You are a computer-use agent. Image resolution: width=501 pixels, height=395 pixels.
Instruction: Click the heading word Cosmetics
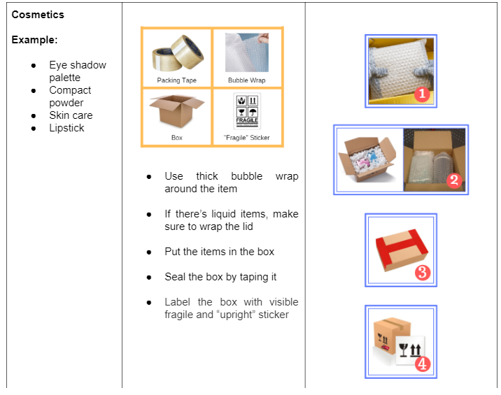click(37, 14)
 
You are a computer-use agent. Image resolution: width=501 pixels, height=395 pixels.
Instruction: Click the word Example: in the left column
click(34, 40)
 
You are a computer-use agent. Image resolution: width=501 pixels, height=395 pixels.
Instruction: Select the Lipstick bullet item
click(66, 128)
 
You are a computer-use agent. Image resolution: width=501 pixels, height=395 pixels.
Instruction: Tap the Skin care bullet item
click(71, 115)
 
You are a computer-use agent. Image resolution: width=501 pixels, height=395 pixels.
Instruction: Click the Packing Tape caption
click(176, 80)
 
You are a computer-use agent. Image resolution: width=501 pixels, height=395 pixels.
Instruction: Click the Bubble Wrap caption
click(247, 80)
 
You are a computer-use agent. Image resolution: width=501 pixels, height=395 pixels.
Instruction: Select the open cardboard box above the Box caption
click(176, 111)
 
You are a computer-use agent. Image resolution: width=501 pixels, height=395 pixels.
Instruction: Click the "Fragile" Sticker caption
click(247, 138)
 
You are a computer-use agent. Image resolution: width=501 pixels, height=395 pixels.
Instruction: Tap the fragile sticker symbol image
click(247, 110)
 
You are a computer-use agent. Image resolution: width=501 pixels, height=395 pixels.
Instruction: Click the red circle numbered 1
click(421, 94)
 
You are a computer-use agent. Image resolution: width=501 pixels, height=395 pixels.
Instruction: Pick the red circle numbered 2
click(453, 180)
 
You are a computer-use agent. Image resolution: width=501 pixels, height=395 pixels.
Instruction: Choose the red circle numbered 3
click(422, 273)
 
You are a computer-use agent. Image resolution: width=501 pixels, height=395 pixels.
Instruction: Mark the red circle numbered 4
click(421, 364)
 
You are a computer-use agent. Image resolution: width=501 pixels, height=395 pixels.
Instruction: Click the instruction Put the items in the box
click(219, 252)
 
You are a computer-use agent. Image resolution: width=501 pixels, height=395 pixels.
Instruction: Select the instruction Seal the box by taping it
click(220, 277)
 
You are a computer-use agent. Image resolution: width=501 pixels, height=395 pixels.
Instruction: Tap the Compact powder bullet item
click(70, 96)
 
